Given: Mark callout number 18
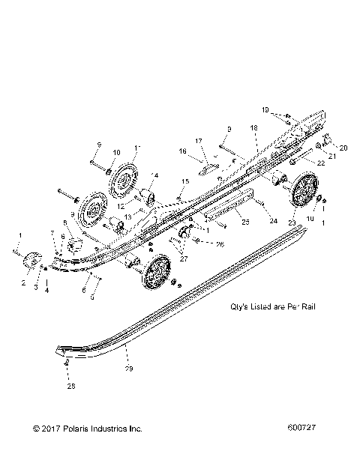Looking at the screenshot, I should (x=253, y=129).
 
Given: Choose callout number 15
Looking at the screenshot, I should (x=185, y=181).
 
